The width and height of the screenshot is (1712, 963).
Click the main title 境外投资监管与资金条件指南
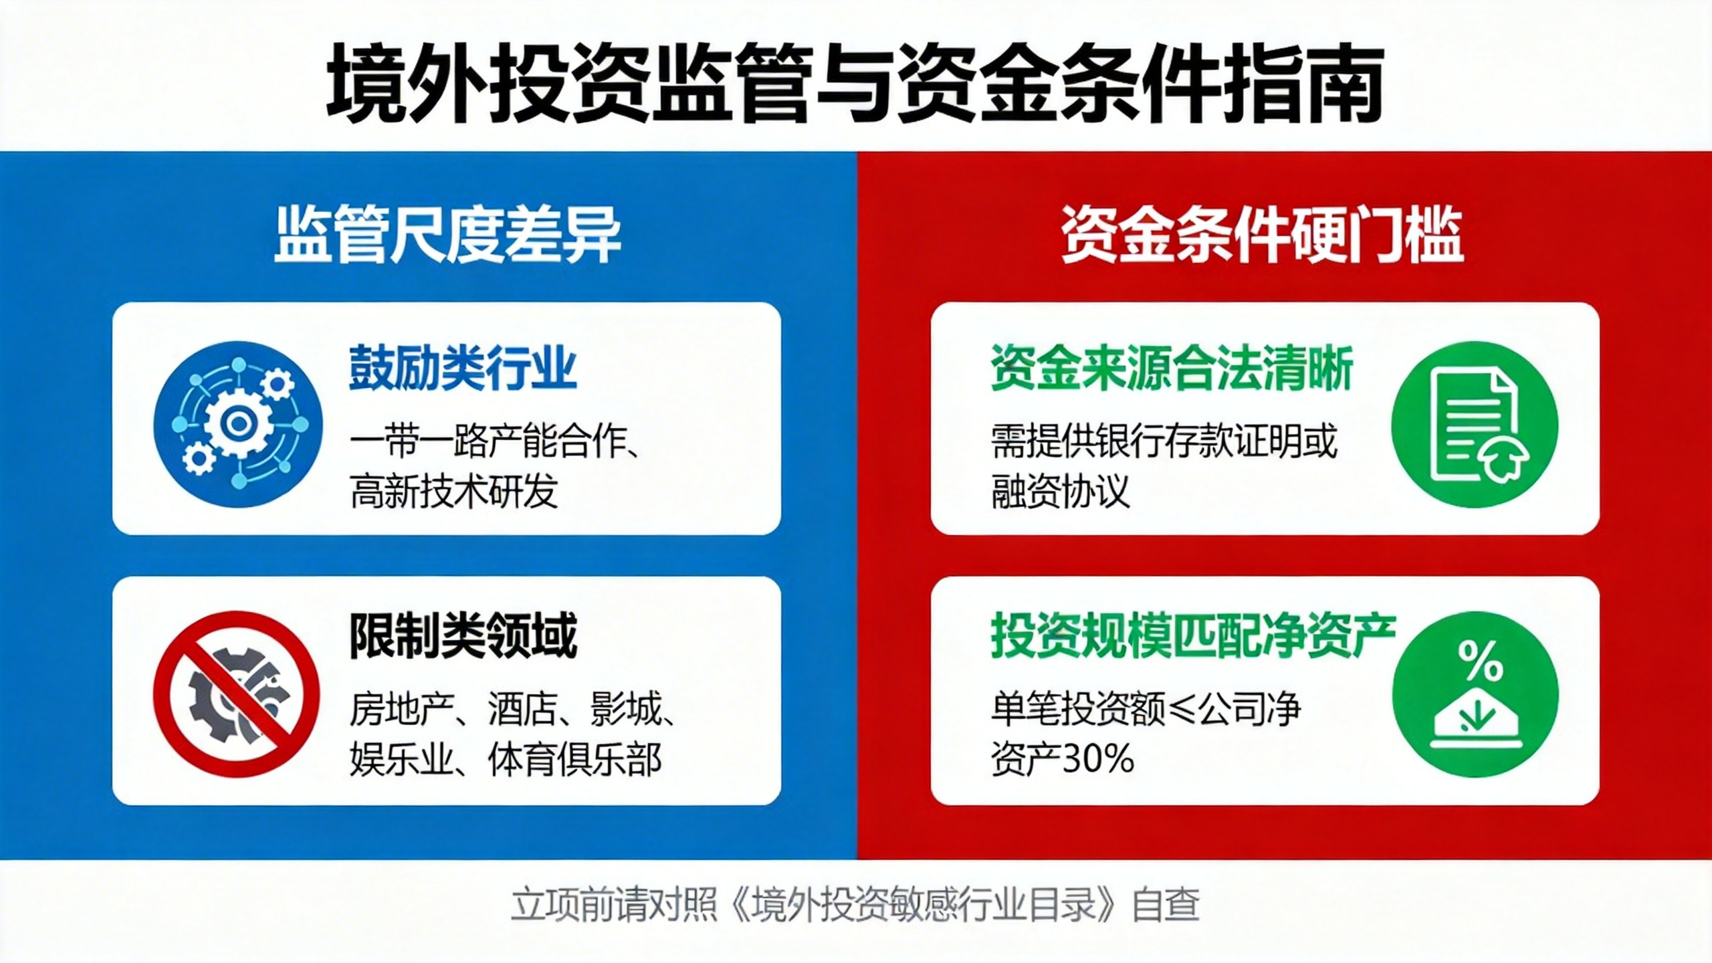point(855,83)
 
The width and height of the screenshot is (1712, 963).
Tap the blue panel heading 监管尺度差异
point(447,235)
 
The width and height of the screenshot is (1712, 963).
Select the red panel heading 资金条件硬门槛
point(1262,235)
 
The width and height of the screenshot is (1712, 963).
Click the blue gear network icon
point(237,424)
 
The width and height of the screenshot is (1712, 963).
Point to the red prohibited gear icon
point(236,693)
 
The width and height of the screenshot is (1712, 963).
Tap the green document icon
point(1475,424)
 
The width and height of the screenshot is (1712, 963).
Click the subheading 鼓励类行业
point(463,368)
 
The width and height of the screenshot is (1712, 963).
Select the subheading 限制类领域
point(463,636)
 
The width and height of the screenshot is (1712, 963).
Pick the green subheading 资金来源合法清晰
point(1172,368)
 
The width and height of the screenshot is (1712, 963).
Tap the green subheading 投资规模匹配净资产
point(1193,635)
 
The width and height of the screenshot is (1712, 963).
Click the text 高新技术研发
point(453,492)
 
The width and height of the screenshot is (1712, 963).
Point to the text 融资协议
point(1060,492)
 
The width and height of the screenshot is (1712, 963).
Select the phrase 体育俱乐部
point(575,759)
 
